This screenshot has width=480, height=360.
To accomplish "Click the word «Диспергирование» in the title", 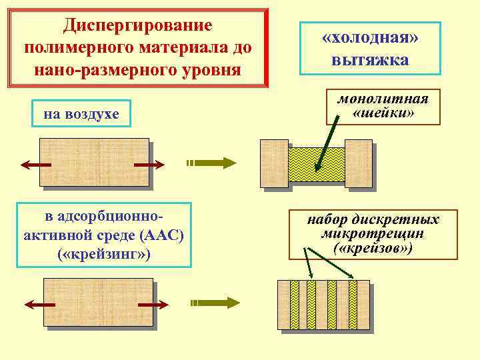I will click(137, 25).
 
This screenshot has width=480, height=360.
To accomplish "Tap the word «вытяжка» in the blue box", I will click(369, 61).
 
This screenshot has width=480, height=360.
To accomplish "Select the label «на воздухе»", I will click(81, 115).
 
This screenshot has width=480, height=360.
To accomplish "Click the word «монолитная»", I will click(383, 99).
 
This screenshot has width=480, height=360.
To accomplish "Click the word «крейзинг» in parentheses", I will click(103, 255).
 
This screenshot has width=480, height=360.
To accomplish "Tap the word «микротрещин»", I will click(373, 234).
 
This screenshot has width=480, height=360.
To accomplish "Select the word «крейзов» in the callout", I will click(373, 248).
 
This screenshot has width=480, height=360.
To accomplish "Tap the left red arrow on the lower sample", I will click(39, 304).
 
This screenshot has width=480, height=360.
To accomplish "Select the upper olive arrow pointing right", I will click(212, 162).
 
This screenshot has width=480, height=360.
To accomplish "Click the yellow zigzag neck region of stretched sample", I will click(317, 165).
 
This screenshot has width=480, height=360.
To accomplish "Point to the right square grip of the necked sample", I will click(358, 163).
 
